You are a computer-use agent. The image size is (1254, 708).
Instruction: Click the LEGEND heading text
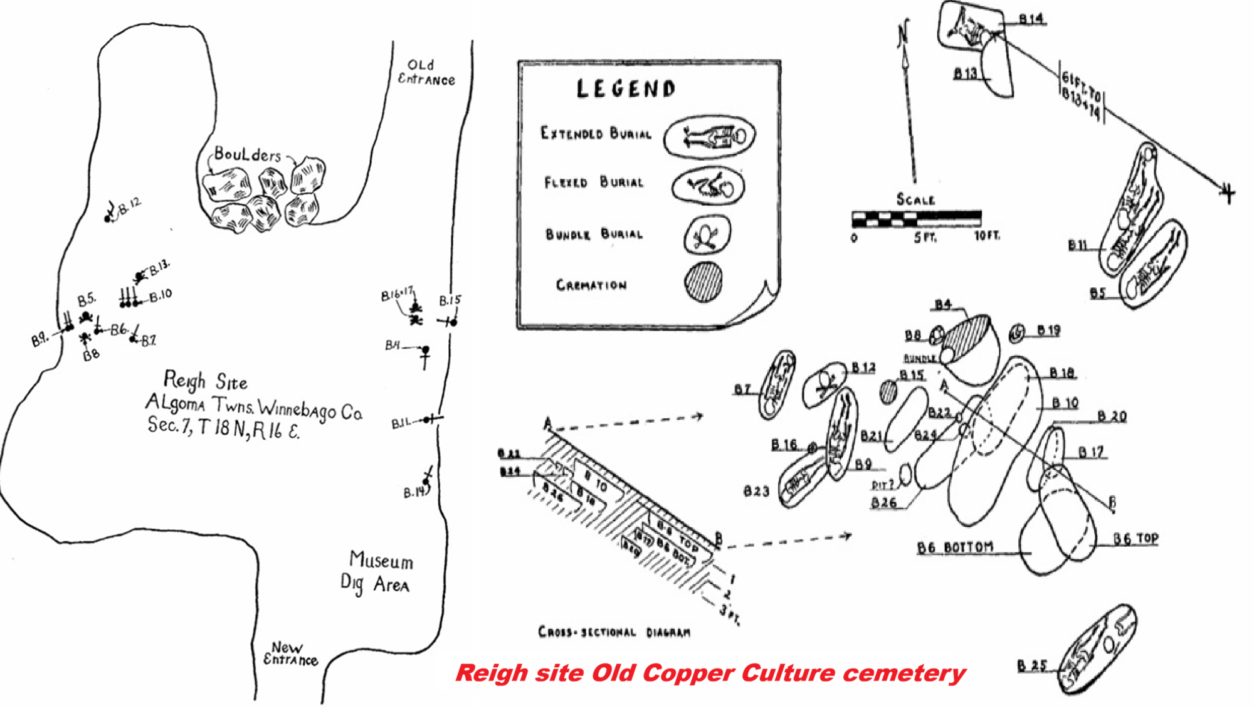coord(626,88)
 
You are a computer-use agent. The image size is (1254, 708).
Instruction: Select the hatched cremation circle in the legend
coord(703,282)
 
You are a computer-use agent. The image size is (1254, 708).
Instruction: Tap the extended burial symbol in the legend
coord(709,137)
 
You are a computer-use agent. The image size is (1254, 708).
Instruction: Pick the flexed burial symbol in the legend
coord(709,186)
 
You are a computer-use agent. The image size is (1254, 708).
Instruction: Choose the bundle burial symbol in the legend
coord(707,235)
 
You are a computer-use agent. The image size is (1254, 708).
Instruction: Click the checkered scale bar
coord(916,219)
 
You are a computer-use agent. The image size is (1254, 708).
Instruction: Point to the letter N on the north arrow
coord(903,34)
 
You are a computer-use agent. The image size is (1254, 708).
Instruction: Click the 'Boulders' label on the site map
coord(248,154)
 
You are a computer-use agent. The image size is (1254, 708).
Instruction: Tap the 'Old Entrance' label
coord(426,73)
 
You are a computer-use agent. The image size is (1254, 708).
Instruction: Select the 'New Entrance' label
coord(290,653)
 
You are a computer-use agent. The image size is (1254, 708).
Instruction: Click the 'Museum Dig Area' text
coord(377,571)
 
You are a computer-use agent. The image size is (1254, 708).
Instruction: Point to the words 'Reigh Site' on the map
coord(205,380)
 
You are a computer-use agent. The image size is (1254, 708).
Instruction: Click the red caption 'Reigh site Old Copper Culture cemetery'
coord(710,673)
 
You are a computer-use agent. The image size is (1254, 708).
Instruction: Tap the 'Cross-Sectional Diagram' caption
coord(614,632)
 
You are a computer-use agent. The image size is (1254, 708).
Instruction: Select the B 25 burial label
coord(1031,665)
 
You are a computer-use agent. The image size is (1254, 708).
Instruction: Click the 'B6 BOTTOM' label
coord(955,547)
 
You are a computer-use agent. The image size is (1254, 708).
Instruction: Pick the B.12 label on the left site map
coord(130,205)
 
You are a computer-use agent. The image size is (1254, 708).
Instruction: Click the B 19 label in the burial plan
coord(1048,330)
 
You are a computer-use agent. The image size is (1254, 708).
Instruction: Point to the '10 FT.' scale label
coord(987,236)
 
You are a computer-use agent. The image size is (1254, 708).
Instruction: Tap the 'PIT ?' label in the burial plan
coord(883,485)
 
